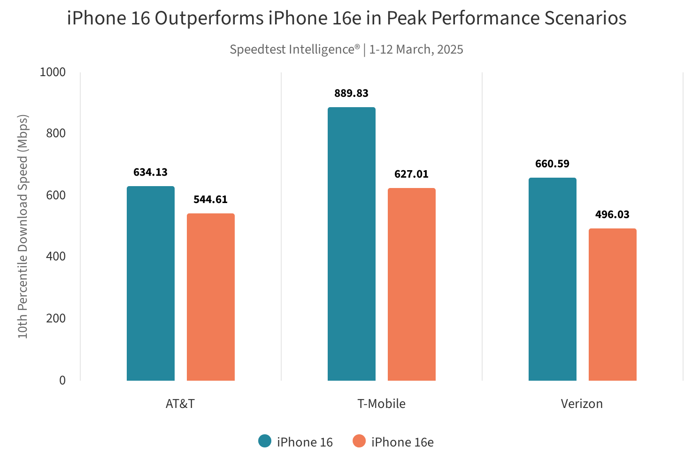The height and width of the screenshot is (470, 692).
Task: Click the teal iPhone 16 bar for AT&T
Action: coord(151,283)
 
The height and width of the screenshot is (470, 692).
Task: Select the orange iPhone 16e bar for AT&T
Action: coord(211,297)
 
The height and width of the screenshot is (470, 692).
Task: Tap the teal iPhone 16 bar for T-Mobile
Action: coord(352,244)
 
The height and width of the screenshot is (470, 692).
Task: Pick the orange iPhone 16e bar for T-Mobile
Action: coord(412,284)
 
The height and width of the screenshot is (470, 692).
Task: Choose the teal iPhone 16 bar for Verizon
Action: coord(553,279)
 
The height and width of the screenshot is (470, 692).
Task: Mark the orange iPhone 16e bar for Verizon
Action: coord(613,305)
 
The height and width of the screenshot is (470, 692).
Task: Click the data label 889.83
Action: coord(351,93)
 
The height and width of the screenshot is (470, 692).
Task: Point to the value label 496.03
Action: coord(612,215)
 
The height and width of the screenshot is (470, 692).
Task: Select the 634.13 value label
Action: coord(150,172)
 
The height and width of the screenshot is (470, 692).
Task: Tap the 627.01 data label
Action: coord(411,174)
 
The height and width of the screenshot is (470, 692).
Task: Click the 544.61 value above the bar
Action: coord(210,200)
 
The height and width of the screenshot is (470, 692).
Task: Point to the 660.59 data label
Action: coord(552,164)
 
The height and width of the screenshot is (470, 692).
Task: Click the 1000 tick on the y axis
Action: coord(53,72)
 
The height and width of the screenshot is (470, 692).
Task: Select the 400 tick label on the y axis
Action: coord(56,257)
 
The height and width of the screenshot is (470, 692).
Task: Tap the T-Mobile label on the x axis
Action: coord(381,404)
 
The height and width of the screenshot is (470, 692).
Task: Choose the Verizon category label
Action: coord(582,404)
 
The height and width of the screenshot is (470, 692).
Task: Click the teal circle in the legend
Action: coord(265,441)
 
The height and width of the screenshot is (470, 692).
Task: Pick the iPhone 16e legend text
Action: coord(402,442)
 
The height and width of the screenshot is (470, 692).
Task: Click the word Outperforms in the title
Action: coord(209,18)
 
